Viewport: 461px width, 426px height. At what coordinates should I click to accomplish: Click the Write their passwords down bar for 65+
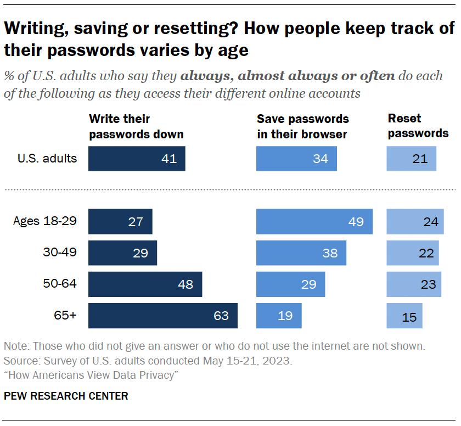162,316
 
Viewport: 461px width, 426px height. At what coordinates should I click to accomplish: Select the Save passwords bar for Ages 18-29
314,222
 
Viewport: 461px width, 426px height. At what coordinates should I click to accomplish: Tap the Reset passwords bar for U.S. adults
411,159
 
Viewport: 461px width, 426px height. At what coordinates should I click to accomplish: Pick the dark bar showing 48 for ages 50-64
145,284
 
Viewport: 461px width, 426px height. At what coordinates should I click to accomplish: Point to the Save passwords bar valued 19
279,316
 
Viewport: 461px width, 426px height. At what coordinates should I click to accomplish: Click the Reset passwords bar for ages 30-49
413,253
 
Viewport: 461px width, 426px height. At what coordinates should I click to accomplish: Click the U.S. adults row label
47,159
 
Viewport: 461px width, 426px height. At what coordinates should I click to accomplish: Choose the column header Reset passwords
418,126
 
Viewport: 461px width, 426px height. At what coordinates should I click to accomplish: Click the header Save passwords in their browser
303,126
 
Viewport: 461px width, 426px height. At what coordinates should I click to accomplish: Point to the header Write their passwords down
136,126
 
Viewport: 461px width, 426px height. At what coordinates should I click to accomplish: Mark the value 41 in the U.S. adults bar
169,159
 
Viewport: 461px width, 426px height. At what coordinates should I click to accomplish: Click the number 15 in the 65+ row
409,317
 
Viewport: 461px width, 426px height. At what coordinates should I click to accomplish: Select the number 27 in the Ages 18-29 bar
135,222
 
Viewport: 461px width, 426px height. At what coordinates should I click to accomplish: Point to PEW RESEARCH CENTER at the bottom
66,396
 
